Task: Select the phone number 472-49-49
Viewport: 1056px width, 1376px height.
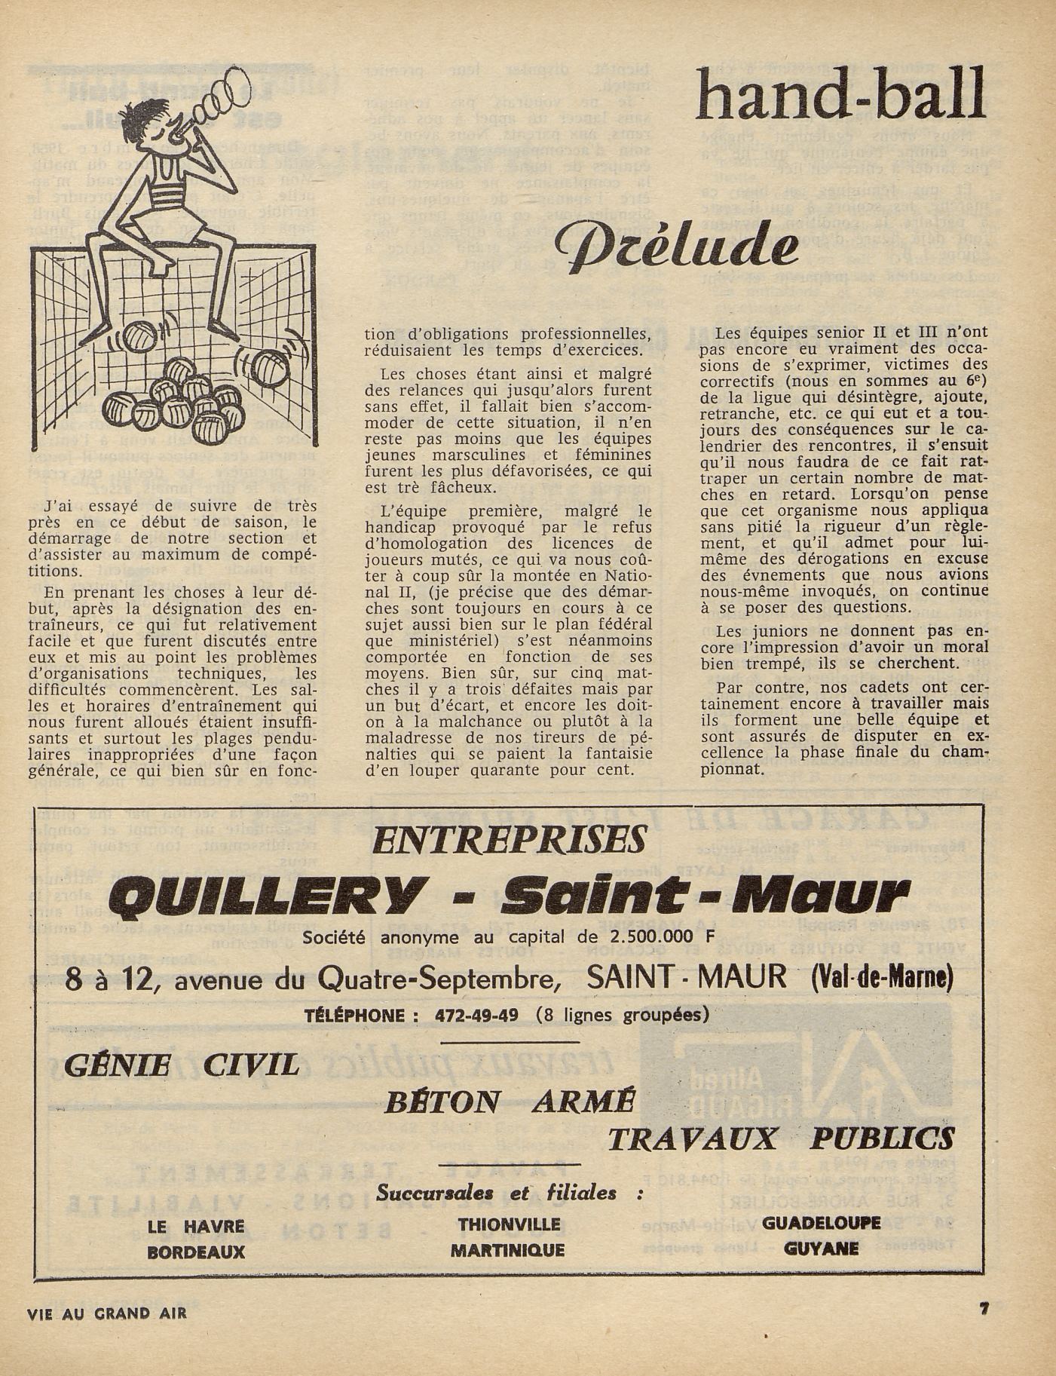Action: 476,1015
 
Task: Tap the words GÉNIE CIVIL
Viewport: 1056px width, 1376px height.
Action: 182,1065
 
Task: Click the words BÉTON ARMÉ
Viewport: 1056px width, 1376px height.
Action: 508,1102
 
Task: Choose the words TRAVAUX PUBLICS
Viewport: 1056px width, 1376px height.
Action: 781,1138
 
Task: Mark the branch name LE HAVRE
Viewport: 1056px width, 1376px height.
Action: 196,1227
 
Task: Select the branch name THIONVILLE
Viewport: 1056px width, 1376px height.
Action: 509,1224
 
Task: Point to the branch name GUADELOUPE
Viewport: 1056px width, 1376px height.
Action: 821,1223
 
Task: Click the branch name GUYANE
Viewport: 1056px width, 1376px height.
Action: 821,1249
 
